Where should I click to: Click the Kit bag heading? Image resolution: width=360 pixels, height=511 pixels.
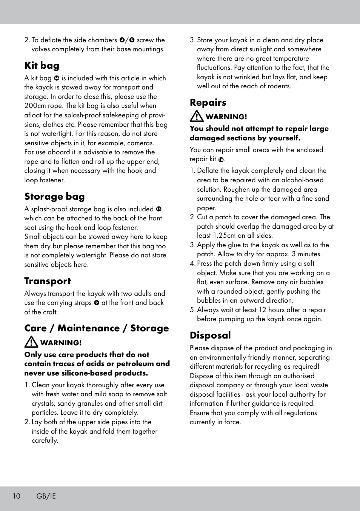(x=42, y=66)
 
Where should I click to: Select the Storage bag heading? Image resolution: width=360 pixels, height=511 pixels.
(x=54, y=197)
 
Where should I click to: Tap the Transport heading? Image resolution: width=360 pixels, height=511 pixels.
(x=48, y=281)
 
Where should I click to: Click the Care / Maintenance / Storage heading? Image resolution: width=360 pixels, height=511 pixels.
(x=97, y=328)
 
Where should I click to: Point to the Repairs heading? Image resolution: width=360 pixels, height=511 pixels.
(x=208, y=103)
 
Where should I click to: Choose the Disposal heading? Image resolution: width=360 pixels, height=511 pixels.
(x=210, y=336)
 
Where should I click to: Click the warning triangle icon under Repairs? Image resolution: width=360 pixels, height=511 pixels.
(x=197, y=116)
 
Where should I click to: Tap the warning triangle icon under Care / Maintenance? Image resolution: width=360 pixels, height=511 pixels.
(x=31, y=342)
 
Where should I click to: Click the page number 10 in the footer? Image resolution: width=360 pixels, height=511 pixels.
(x=16, y=496)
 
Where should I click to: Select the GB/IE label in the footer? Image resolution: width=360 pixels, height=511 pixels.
(x=46, y=496)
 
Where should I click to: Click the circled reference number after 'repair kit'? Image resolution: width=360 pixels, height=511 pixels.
(x=221, y=160)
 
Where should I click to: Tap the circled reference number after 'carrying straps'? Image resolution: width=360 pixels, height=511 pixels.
(x=97, y=303)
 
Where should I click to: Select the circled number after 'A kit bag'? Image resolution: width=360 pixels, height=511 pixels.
(x=56, y=78)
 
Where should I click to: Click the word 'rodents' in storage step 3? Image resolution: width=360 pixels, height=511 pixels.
(x=279, y=86)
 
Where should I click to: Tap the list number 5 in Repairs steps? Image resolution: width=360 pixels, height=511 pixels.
(x=192, y=310)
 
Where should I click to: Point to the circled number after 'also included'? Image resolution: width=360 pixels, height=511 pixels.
(x=159, y=209)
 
